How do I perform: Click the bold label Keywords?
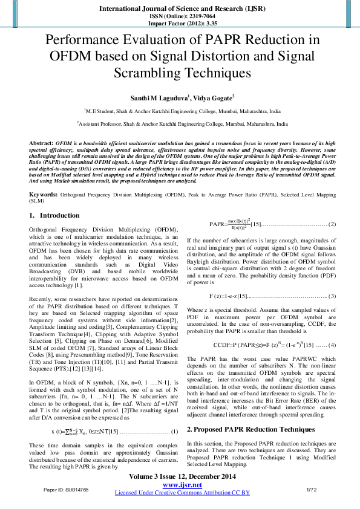44,195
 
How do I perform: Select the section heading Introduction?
59,215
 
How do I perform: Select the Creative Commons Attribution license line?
182,493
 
